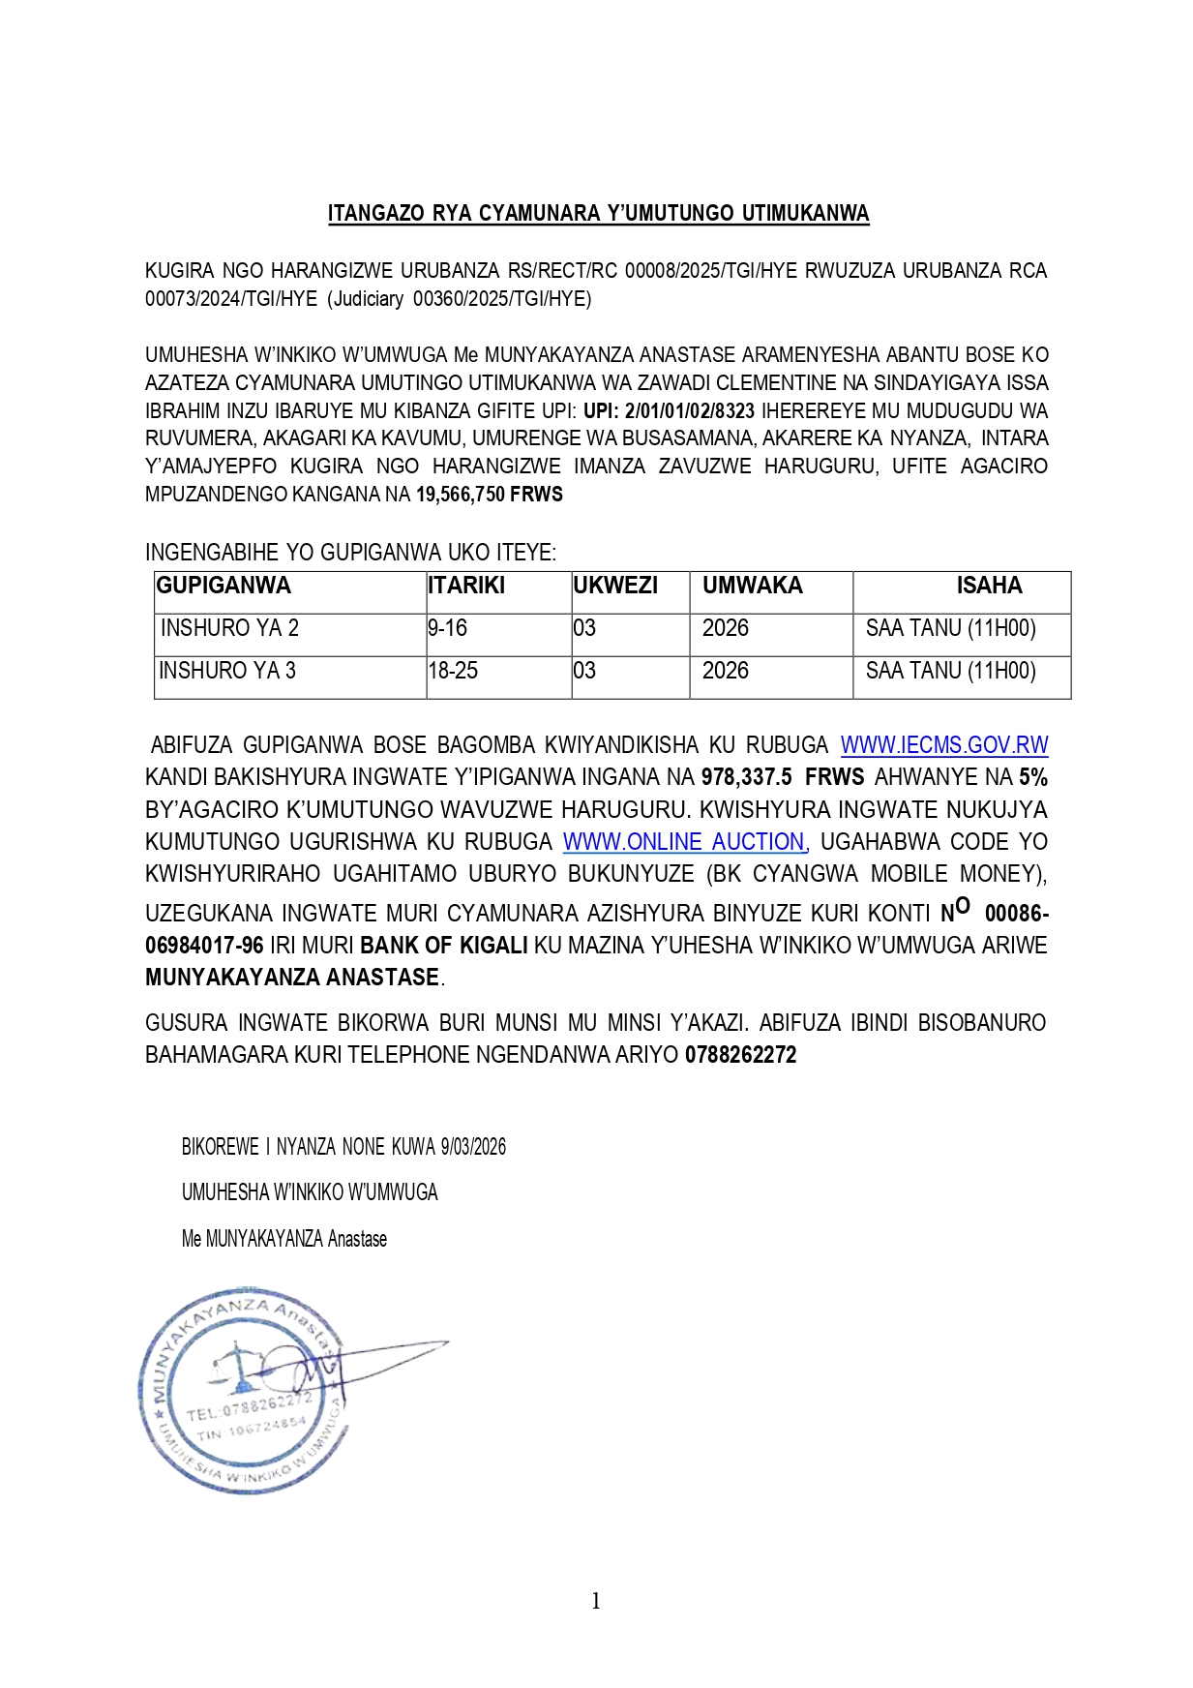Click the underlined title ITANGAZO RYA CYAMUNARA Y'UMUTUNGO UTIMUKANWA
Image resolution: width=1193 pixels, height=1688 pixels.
point(598,214)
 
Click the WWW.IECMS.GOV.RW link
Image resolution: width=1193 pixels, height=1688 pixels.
point(943,745)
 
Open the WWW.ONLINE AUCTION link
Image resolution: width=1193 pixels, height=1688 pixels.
point(684,842)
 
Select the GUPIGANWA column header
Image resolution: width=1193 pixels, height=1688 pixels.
point(224,586)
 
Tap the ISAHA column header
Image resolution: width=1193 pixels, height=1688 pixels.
point(989,586)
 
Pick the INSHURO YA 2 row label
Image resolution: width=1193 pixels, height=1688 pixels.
point(229,628)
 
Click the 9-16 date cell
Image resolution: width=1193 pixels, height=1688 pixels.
point(448,628)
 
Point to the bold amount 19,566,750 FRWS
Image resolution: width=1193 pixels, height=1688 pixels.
point(490,495)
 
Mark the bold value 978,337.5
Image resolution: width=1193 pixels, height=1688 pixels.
point(747,777)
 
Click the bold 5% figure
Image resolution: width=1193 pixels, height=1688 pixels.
point(1032,777)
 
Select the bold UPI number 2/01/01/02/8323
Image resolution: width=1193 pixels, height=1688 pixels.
point(689,410)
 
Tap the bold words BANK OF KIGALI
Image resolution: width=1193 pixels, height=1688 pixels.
point(444,946)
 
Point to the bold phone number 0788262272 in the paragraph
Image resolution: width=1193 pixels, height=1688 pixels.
point(740,1055)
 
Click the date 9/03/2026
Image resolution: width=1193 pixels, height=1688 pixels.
point(473,1147)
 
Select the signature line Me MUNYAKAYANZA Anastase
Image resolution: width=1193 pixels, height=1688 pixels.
point(284,1239)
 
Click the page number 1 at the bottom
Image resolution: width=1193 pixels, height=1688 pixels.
point(596,1601)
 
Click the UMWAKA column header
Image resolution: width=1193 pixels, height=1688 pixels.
point(752,586)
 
